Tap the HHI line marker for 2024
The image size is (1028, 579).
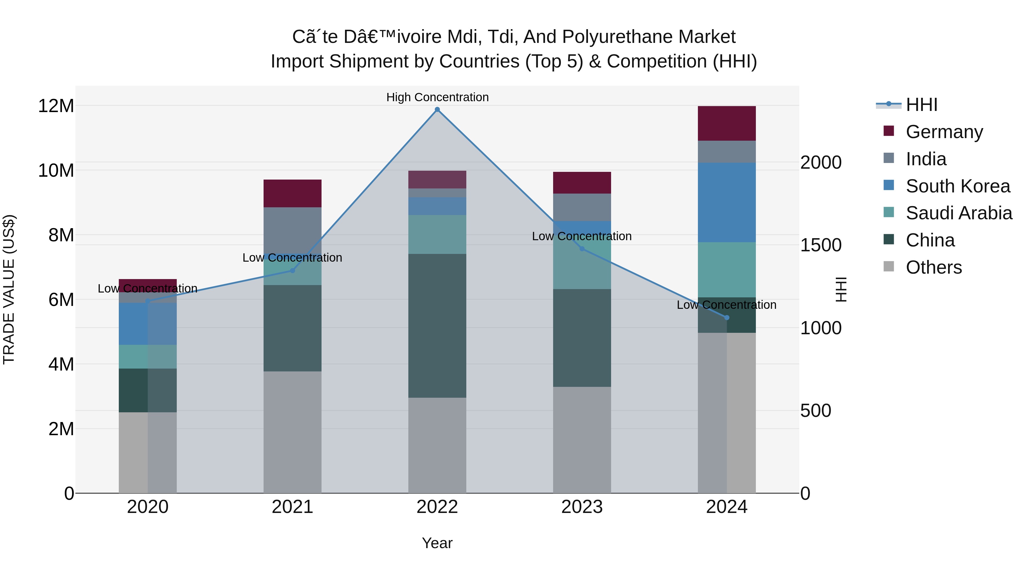click(727, 318)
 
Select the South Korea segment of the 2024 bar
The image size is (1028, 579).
click(727, 202)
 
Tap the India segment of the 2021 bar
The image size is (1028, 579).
click(292, 230)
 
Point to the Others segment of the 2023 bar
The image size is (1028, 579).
click(582, 439)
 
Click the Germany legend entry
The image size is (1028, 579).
click(944, 132)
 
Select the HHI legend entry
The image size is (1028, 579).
click(921, 105)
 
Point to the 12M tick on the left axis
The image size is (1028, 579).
click(56, 106)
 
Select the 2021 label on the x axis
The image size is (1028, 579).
click(292, 507)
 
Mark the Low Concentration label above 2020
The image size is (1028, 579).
click(147, 288)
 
